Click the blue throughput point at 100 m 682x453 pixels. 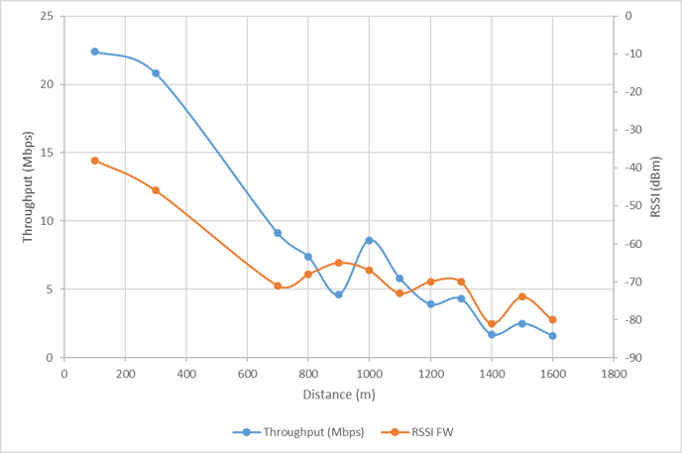(95, 52)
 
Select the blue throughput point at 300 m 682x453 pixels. (156, 73)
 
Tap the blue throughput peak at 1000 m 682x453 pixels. (369, 240)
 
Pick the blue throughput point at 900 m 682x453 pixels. (339, 294)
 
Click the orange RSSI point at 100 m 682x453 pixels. (95, 161)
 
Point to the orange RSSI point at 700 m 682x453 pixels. (278, 285)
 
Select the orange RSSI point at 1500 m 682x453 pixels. (521, 296)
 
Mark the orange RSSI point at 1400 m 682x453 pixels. (492, 324)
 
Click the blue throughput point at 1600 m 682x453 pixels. (552, 336)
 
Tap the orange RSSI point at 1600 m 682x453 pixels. (552, 319)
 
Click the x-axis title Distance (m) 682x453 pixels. (338, 395)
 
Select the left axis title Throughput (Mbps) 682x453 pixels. (28, 186)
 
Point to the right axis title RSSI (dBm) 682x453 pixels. (656, 186)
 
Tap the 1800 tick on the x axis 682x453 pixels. (614, 374)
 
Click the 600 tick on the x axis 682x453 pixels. (247, 374)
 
